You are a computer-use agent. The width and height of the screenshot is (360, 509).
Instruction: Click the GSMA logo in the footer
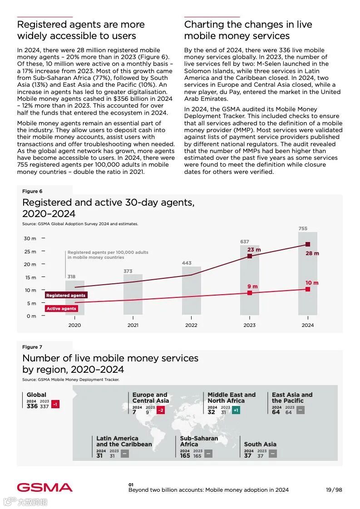click(44, 487)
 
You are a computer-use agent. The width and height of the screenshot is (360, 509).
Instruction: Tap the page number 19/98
click(334, 490)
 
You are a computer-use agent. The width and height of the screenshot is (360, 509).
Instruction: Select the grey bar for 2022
click(191, 291)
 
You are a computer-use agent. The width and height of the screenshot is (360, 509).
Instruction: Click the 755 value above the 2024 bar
click(303, 228)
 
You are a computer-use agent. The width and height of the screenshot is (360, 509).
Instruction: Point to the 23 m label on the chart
click(254, 250)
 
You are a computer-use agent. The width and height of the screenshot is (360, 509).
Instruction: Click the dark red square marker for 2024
click(308, 244)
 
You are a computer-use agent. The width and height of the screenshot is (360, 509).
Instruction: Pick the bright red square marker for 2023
click(250, 293)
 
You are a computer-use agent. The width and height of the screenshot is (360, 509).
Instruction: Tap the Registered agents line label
click(66, 295)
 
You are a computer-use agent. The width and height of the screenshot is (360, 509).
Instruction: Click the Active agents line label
click(62, 308)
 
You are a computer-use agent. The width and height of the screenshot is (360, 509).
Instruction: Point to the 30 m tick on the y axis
click(30, 238)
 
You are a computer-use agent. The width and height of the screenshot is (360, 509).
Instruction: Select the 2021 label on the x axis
click(133, 325)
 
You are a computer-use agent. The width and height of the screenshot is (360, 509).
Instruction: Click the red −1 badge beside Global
click(55, 404)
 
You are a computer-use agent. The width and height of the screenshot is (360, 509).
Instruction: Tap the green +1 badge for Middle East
click(236, 410)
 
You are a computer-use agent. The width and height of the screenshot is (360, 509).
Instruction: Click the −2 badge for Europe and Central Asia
click(160, 410)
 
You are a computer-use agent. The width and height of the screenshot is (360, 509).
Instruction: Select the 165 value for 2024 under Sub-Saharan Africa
click(185, 455)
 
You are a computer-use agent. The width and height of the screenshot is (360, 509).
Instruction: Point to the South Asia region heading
click(260, 444)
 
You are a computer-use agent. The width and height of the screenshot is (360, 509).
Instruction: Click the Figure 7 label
click(32, 347)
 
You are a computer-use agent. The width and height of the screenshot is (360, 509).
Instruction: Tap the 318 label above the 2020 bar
click(71, 277)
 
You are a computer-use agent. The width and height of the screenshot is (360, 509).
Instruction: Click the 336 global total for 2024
click(32, 406)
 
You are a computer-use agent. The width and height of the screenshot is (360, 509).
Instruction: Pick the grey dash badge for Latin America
click(124, 454)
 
